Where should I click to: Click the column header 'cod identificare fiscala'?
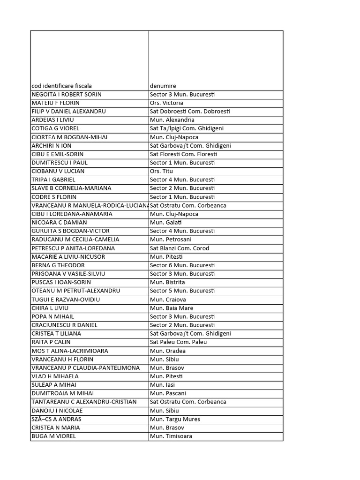pos(62,86)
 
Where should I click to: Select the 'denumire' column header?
pos(163,86)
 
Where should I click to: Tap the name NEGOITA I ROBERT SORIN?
pos(67,94)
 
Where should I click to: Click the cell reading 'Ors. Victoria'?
pos(166,103)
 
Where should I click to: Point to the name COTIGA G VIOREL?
pos(55,128)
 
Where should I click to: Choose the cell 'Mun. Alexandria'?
pos(172,120)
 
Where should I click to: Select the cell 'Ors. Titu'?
pos(161,171)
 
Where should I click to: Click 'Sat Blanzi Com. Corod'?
pos(180,248)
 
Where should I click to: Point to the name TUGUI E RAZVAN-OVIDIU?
pos(66,300)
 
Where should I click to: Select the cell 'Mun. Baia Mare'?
pos(172,308)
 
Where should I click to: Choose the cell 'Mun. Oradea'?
pos(168,351)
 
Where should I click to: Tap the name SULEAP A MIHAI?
pos(54,385)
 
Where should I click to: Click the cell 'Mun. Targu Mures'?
pos(175,419)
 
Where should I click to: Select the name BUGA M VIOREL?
pos(53,436)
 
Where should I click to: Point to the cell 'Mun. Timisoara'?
pos(171,436)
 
